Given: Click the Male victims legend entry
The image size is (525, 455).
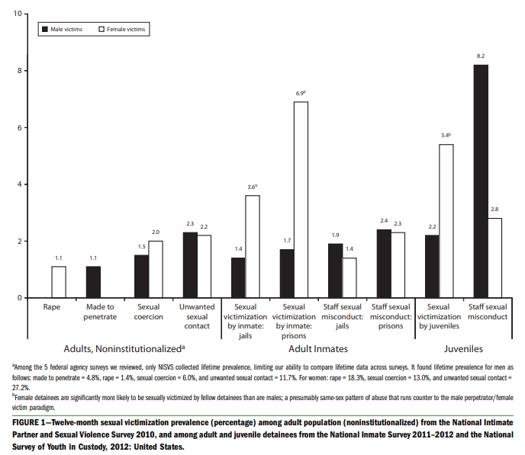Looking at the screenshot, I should (65, 29).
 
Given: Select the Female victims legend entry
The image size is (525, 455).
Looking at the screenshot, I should (122, 29).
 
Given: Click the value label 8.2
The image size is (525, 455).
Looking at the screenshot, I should (481, 56).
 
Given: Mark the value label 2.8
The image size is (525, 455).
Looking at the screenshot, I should (495, 209).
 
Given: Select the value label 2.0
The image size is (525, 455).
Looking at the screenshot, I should (156, 232).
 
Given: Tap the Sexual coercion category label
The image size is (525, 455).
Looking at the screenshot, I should (149, 311).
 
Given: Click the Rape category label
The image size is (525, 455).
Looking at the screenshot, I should (51, 306).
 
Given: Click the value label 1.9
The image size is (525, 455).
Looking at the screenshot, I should (335, 235).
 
